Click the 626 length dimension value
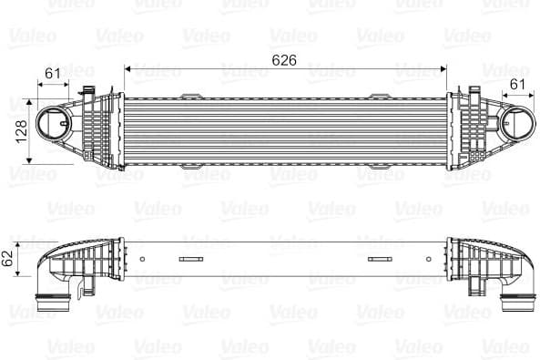click(286, 61)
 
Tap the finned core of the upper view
click(285, 129)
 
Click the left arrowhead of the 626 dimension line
click(127, 69)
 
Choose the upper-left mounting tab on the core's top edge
click(193, 96)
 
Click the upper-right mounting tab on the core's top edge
click(375, 96)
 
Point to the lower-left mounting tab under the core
click(193, 166)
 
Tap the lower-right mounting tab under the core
click(375, 166)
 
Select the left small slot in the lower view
click(192, 261)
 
